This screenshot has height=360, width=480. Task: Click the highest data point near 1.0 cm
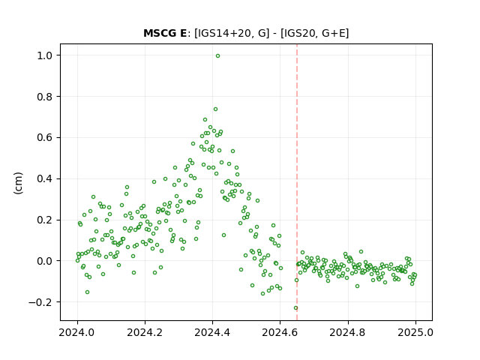(x=217, y=56)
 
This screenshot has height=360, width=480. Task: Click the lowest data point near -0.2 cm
(x=295, y=308)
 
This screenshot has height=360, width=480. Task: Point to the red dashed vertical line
(x=297, y=182)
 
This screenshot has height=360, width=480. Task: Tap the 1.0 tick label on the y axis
(x=46, y=55)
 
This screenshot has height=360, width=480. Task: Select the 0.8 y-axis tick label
(x=46, y=97)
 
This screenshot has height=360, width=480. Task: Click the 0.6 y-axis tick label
(x=46, y=138)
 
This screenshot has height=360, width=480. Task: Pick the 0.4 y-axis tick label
(x=46, y=178)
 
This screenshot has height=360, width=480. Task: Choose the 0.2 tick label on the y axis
(x=46, y=220)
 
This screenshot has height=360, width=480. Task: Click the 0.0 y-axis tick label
(x=46, y=261)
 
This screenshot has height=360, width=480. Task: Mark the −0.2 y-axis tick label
(x=42, y=302)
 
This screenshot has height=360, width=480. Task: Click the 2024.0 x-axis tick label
(x=77, y=332)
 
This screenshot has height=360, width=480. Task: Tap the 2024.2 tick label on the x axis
(x=145, y=332)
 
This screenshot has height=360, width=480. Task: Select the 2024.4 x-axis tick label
(x=212, y=332)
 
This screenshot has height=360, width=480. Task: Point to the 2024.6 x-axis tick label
(x=280, y=332)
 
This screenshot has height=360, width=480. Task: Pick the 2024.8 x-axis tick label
(x=348, y=332)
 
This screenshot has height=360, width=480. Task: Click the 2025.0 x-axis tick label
(x=415, y=332)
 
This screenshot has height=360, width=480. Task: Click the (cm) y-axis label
(x=18, y=183)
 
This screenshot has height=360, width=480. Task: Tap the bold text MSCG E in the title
(x=165, y=33)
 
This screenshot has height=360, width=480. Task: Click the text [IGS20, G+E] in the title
(x=314, y=33)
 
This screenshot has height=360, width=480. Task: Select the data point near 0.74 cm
(x=215, y=109)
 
